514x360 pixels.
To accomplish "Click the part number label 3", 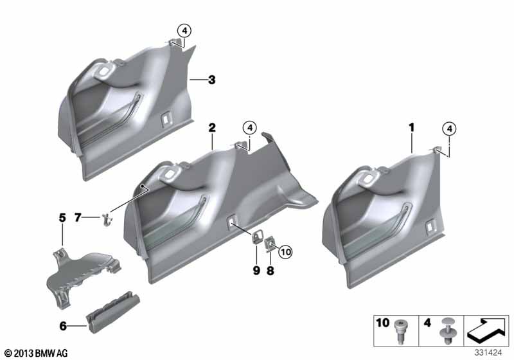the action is click(212, 80).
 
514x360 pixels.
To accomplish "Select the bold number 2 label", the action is click(212, 127).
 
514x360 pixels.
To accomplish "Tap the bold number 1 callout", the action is click(411, 127).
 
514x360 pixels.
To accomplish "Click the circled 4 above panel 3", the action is click(184, 31).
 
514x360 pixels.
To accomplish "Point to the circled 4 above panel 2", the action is click(250, 127).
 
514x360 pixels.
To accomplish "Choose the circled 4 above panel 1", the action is click(449, 129).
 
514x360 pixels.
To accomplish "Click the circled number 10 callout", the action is click(285, 252).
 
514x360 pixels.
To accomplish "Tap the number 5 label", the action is click(62, 218).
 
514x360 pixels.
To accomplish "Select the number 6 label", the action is click(63, 326).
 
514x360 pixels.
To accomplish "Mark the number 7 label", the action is click(77, 217).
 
